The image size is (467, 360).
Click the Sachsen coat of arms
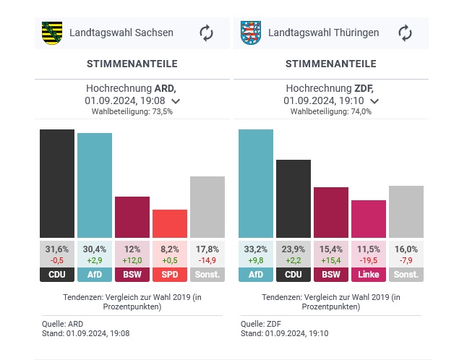(x=51, y=33)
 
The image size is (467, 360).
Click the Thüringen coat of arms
(x=250, y=33)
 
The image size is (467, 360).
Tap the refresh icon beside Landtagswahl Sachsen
(x=207, y=33)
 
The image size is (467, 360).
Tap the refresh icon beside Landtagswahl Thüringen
(x=405, y=33)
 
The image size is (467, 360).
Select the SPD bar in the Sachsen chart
(x=170, y=223)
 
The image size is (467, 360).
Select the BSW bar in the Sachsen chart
(x=132, y=217)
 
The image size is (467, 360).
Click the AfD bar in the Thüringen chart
(x=256, y=184)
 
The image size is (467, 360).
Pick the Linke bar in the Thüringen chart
(x=369, y=219)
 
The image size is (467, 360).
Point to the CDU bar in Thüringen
(x=294, y=199)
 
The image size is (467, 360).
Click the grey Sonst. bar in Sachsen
(x=207, y=207)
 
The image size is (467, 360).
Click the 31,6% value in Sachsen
(x=57, y=249)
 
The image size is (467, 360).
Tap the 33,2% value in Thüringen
(x=256, y=249)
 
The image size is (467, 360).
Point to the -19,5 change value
(x=369, y=260)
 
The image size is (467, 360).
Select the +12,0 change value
(x=132, y=260)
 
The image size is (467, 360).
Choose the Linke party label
(x=369, y=275)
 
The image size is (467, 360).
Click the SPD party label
(x=170, y=275)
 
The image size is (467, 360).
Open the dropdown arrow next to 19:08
(x=176, y=101)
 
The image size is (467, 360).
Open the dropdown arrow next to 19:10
(x=374, y=101)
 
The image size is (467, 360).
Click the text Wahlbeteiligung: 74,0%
(x=331, y=112)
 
